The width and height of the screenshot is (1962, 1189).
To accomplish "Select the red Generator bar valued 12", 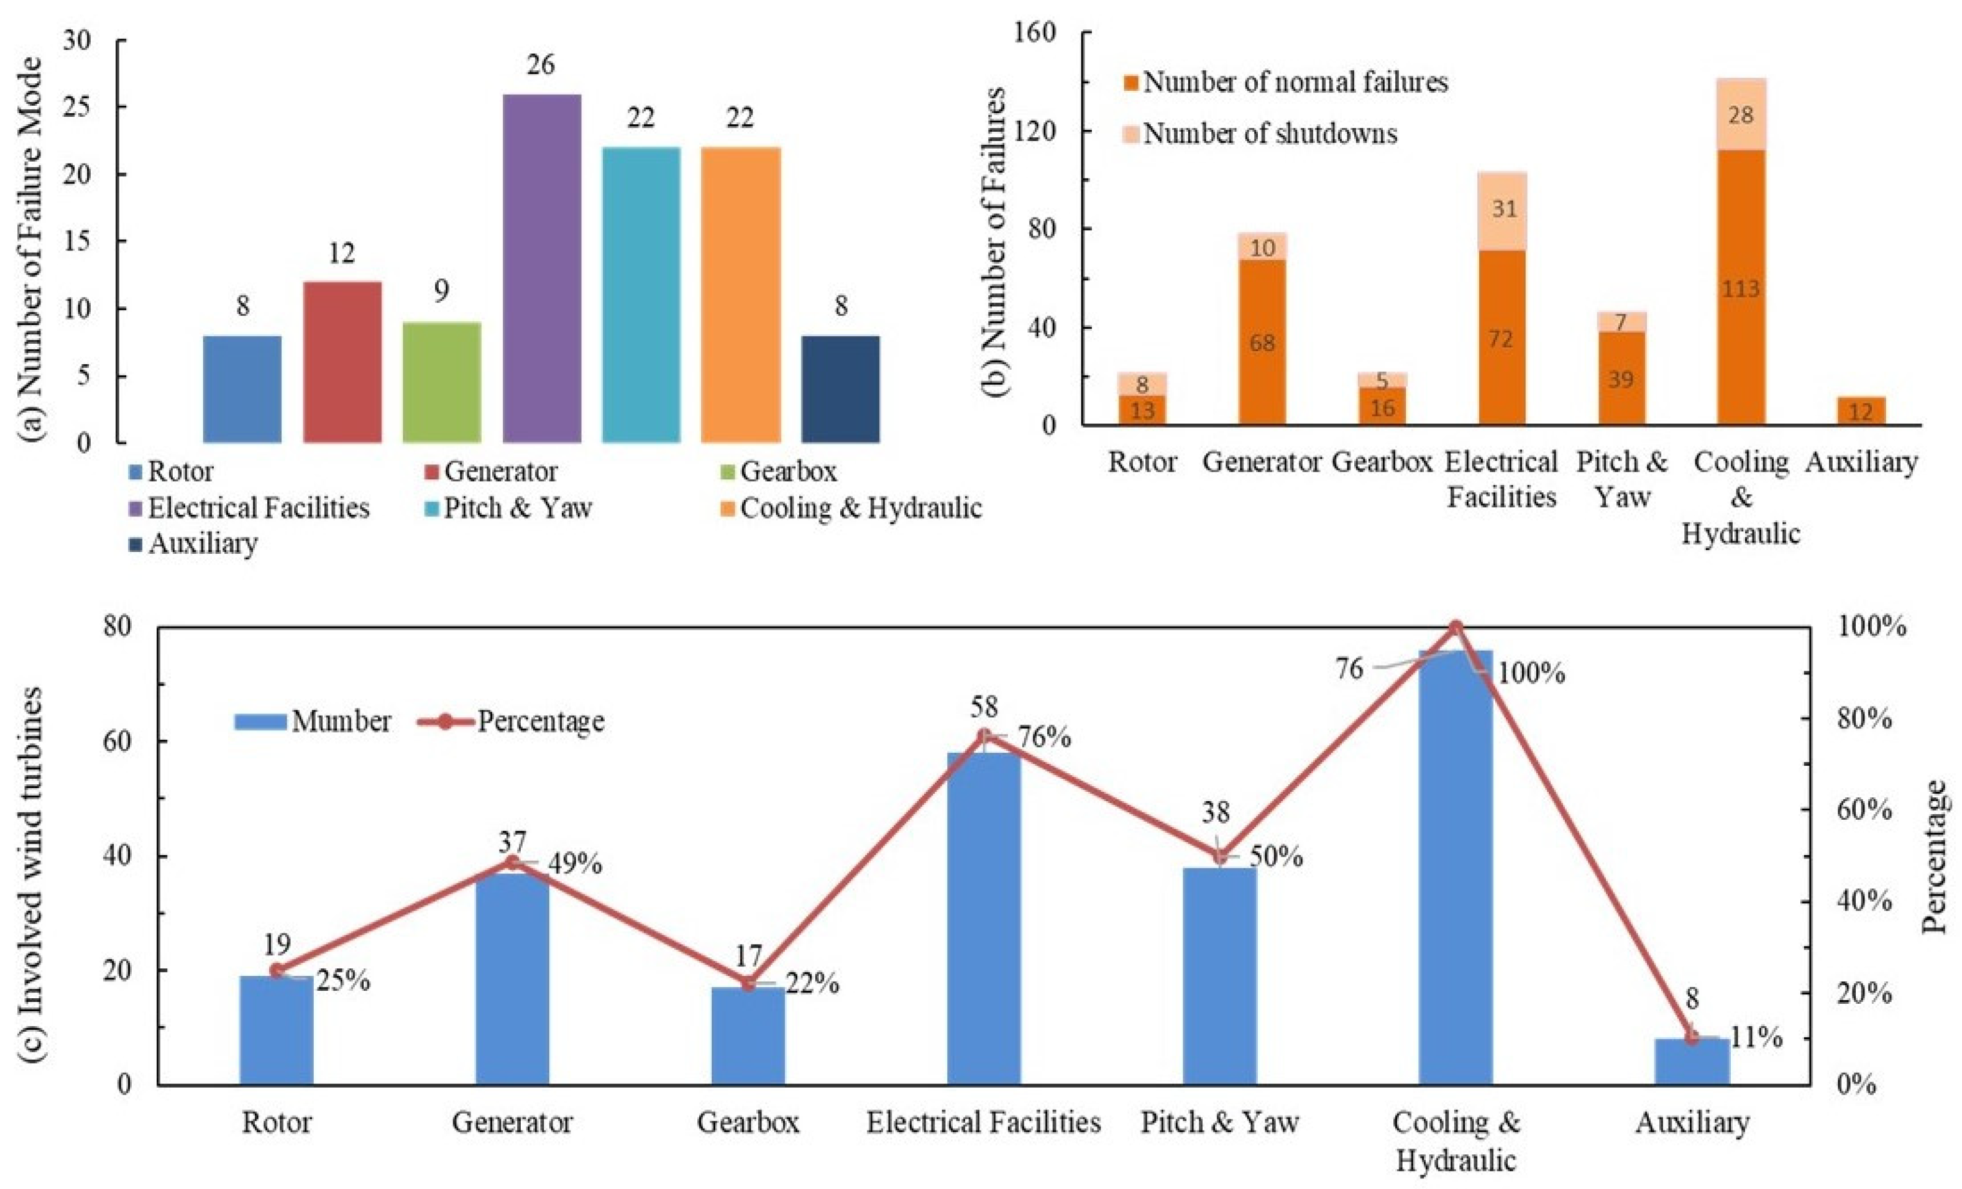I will click(342, 362).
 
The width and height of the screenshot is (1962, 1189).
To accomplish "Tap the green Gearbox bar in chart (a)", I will click(441, 382).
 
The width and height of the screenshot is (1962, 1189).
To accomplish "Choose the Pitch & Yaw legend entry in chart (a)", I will click(518, 507).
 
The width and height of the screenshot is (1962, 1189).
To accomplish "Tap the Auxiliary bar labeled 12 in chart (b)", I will click(1861, 411).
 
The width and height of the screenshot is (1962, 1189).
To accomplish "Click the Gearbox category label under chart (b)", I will click(1382, 462).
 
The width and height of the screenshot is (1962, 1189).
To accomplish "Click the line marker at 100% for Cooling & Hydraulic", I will click(1455, 628).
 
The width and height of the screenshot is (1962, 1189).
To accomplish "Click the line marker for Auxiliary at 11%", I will click(1691, 1036).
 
